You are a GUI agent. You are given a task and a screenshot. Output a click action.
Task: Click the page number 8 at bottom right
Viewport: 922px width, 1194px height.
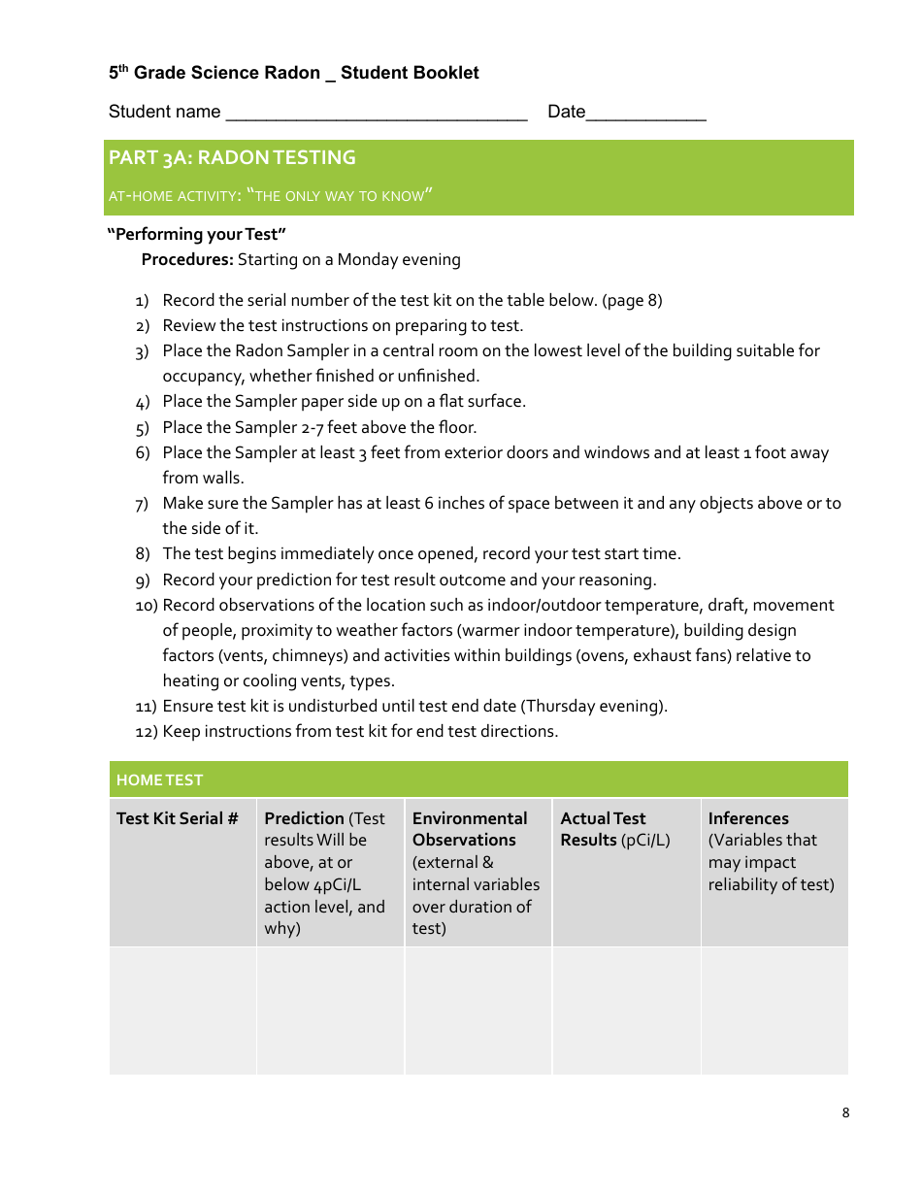(845, 1112)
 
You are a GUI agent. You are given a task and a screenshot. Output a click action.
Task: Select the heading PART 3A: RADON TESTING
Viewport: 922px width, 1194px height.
(232, 157)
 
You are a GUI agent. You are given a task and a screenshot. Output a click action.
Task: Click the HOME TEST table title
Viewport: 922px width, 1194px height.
(159, 779)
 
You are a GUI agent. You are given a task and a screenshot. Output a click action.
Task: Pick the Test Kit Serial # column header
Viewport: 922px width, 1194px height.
(177, 818)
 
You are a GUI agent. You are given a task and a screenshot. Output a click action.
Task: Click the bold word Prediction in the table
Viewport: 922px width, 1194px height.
(304, 818)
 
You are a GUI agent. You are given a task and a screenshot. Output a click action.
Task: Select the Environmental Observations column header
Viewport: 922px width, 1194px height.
(470, 829)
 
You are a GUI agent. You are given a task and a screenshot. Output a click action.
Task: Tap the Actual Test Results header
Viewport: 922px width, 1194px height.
(604, 829)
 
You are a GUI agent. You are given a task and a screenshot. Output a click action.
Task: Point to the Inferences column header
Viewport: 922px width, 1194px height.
(748, 818)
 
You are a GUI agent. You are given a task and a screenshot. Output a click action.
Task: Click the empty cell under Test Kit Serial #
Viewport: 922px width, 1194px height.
(182, 1011)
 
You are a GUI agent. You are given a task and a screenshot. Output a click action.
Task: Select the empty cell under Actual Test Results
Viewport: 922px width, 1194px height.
(626, 1011)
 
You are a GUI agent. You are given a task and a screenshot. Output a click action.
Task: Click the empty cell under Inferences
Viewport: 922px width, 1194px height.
(774, 1011)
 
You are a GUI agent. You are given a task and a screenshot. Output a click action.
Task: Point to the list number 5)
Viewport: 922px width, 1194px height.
(143, 428)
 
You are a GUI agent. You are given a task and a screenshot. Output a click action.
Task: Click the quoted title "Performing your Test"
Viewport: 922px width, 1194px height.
(196, 234)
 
